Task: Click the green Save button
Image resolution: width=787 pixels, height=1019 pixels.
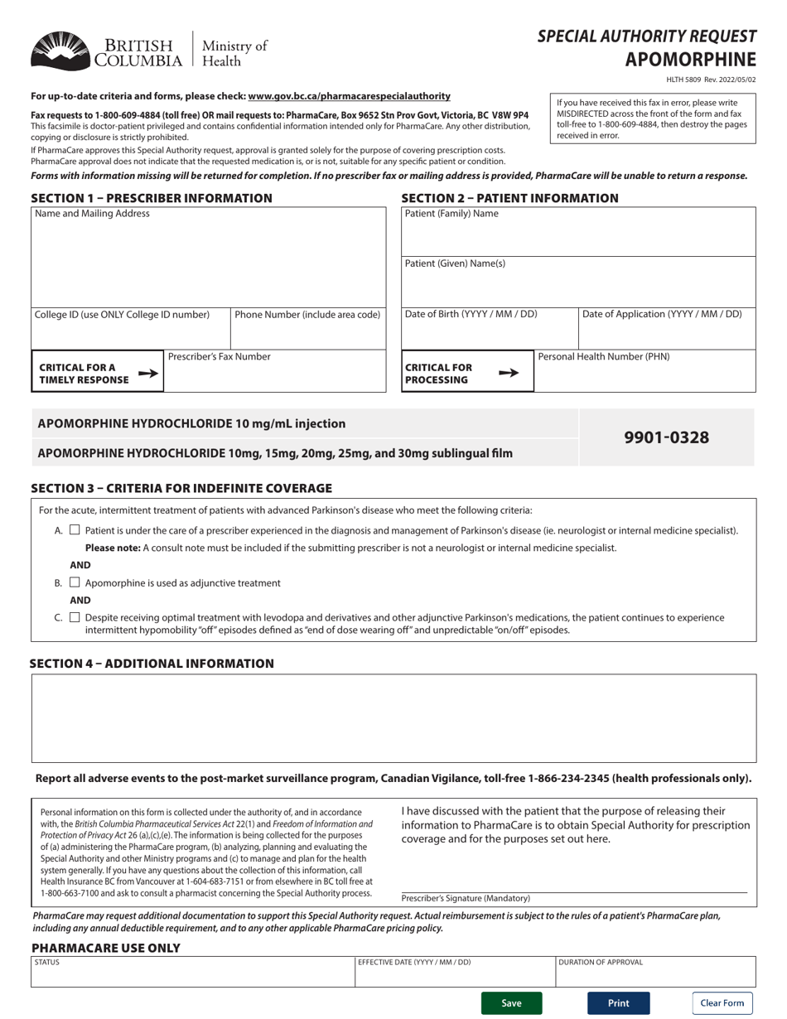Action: [511, 1003]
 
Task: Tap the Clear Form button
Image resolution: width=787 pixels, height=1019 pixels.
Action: [722, 1003]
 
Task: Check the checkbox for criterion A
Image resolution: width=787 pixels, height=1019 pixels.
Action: [75, 530]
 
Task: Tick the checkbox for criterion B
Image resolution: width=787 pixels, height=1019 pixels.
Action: [75, 582]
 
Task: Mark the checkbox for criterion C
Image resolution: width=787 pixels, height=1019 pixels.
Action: [75, 617]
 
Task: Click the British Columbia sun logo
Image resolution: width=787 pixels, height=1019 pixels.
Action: [60, 51]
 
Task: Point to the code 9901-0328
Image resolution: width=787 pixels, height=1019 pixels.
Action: [666, 437]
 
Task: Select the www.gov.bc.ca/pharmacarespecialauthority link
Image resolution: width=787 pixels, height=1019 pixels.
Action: [349, 96]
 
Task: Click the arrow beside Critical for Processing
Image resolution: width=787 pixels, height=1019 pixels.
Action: [509, 373]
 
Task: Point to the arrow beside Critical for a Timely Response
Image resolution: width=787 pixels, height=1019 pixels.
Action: [147, 374]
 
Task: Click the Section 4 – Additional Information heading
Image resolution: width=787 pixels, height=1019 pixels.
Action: [152, 664]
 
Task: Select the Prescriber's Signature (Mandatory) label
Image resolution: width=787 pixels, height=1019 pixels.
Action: [466, 898]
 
